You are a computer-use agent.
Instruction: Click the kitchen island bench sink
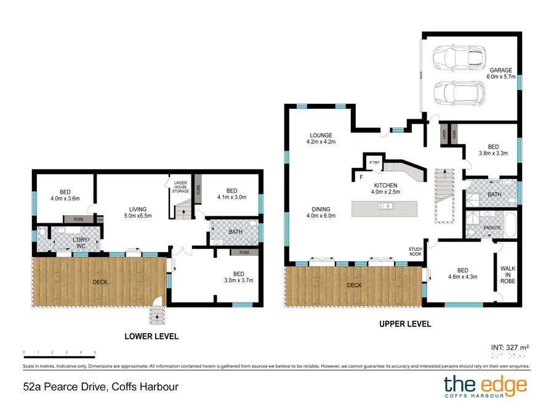pos(387,206)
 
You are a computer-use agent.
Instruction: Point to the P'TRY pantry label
pos(374,162)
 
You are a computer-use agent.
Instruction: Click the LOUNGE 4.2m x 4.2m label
pos(321,138)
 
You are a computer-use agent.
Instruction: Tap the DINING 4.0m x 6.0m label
pos(320,212)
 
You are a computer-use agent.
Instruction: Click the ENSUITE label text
pos(492,227)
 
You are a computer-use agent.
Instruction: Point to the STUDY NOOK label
pos(416,251)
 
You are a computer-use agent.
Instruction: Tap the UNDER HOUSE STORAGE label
pos(181,187)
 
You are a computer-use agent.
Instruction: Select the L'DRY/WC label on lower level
pos(80,242)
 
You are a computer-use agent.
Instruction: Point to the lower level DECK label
pos(100,282)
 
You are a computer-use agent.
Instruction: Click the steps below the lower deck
pos(158,316)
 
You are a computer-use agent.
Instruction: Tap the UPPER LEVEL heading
pos(405,324)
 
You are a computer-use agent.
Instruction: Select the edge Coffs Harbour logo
pos(485,387)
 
